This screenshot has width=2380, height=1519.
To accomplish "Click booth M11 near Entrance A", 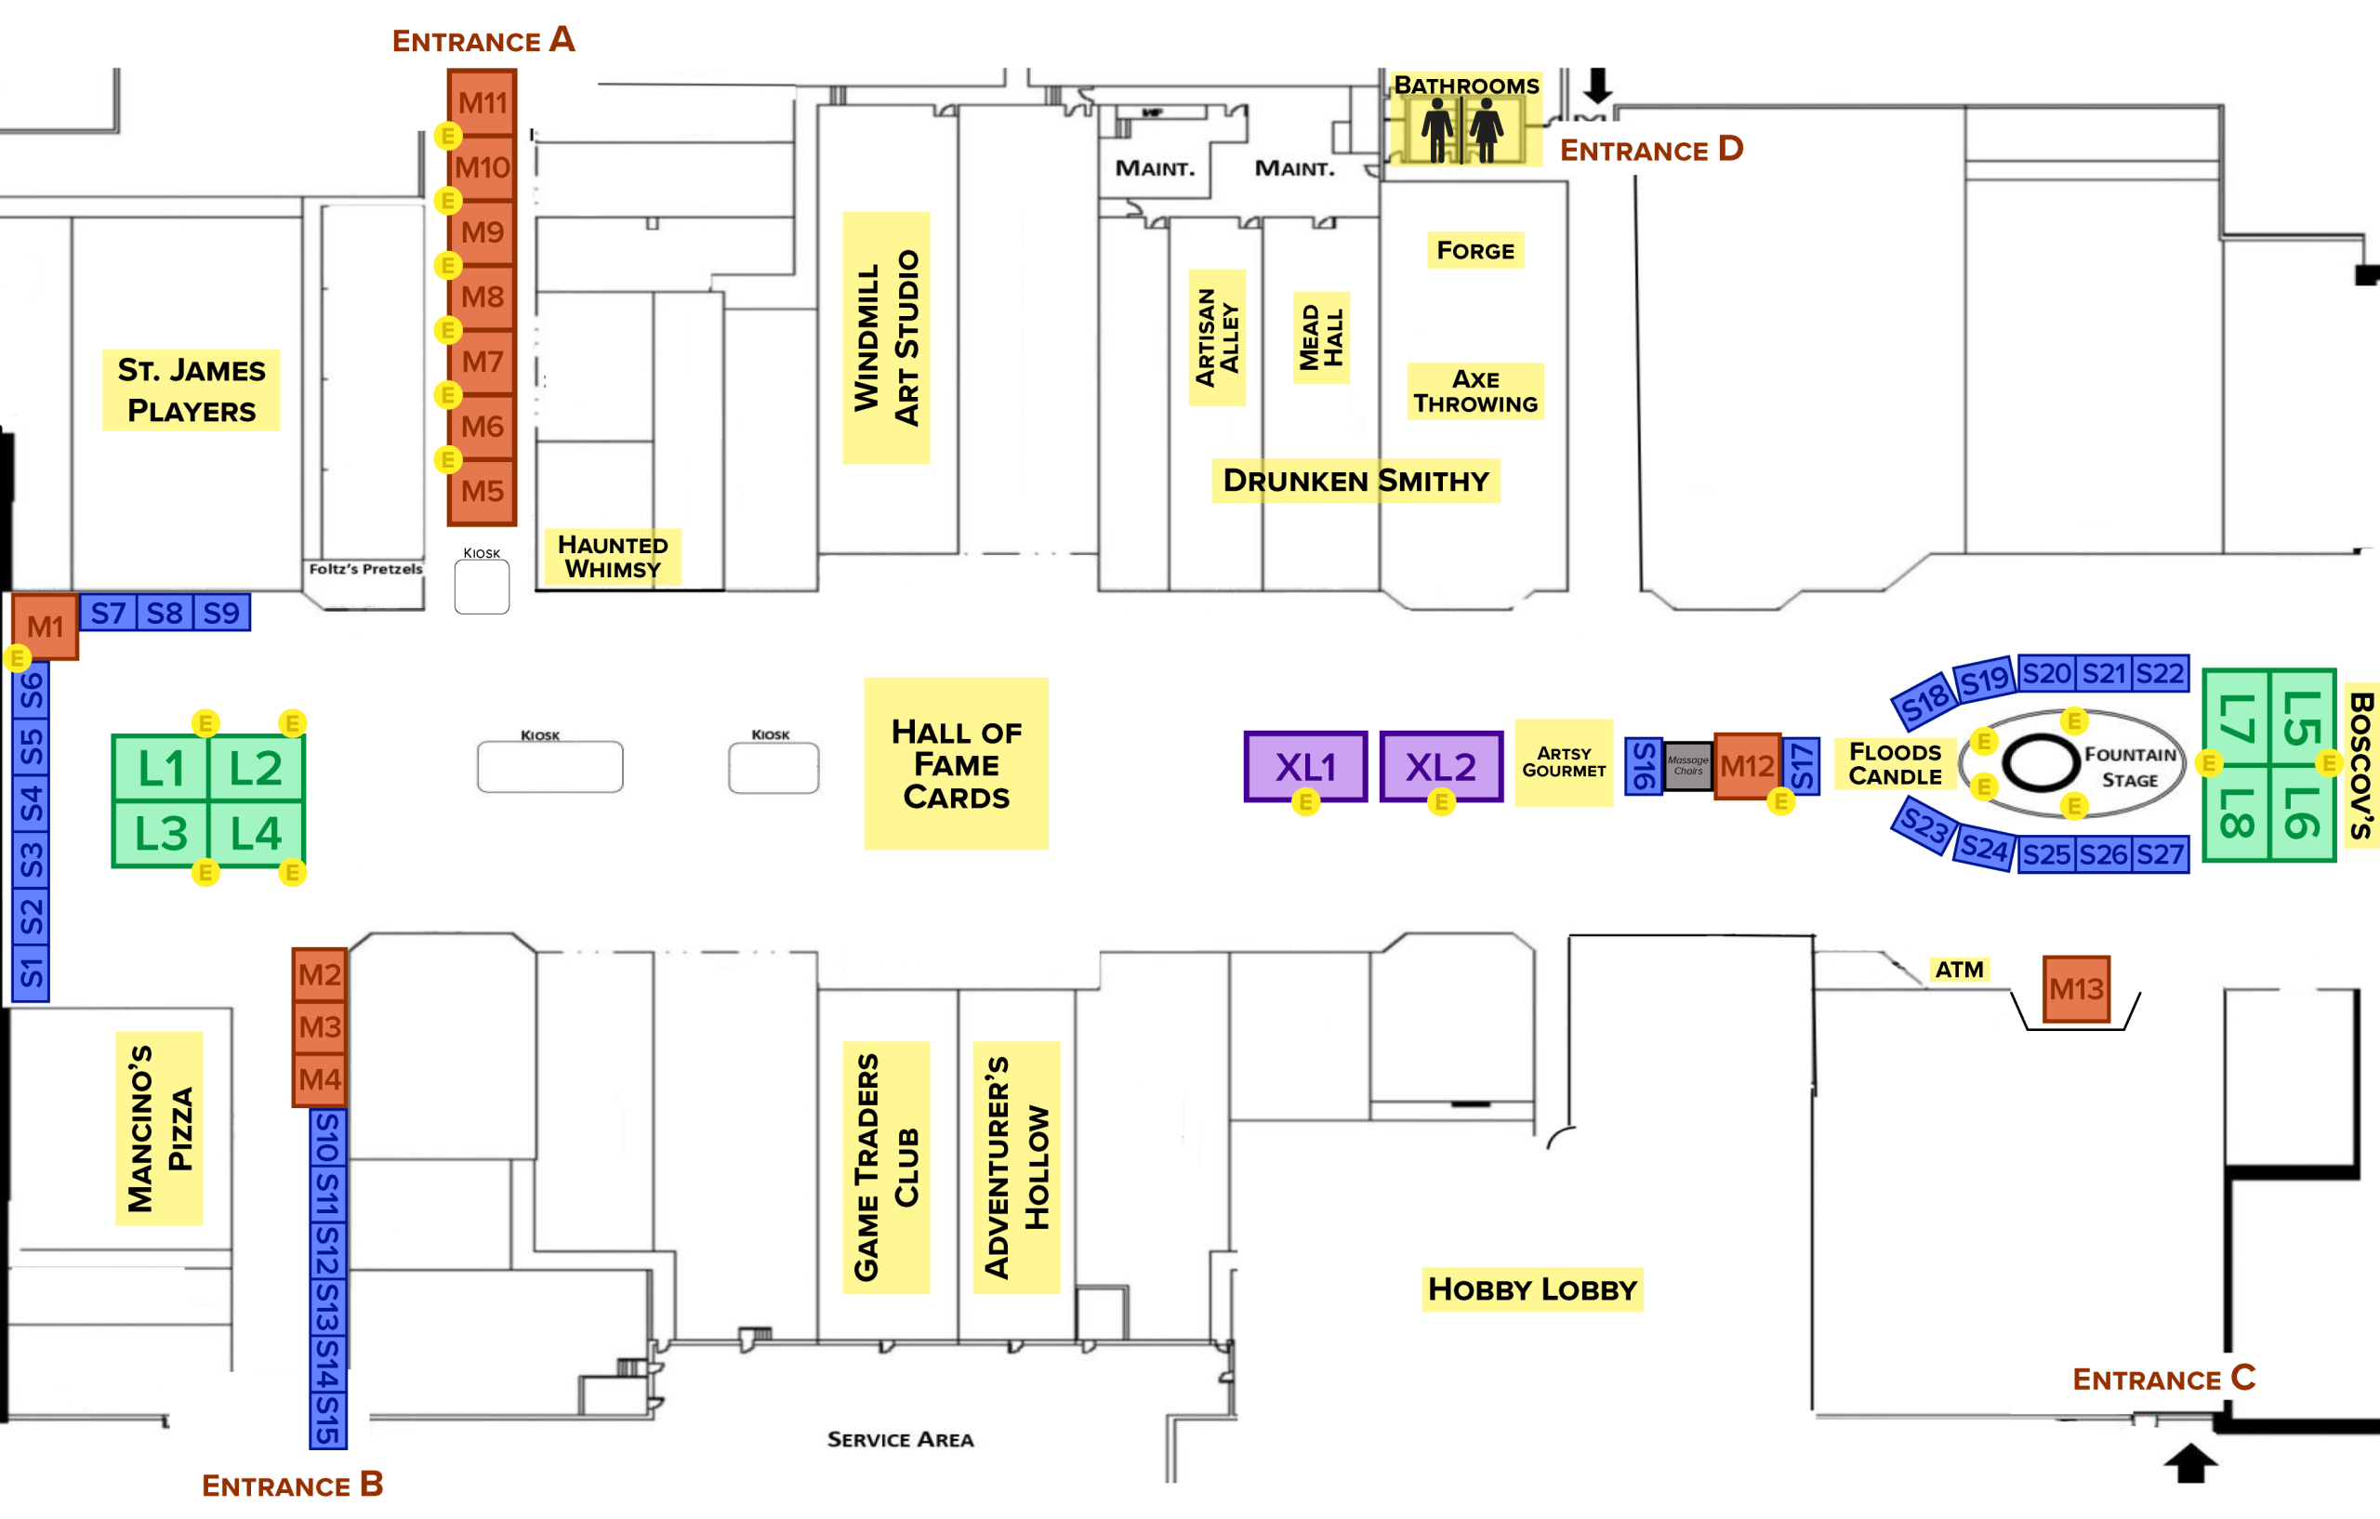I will pyautogui.click(x=483, y=103).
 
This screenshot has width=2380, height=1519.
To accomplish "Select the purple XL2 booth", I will pyautogui.click(x=1441, y=766).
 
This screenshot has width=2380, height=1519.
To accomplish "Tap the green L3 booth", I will pyautogui.click(x=161, y=833).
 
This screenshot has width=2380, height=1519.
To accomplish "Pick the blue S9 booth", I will pyautogui.click(x=221, y=614).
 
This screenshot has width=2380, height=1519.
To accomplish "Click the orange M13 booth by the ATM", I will pyautogui.click(x=2076, y=988).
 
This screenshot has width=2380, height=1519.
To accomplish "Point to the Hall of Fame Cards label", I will pyautogui.click(x=956, y=764).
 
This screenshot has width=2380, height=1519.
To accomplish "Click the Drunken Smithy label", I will pyautogui.click(x=1355, y=482).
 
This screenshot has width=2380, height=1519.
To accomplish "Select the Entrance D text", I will pyautogui.click(x=1650, y=151).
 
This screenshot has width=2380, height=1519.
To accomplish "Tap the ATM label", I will pyautogui.click(x=1959, y=970).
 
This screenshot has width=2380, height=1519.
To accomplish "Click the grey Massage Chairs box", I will pyautogui.click(x=1688, y=766).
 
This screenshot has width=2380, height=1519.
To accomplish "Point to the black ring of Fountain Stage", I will pyautogui.click(x=2041, y=763).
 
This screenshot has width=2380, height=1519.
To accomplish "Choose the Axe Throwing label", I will pyautogui.click(x=1474, y=391).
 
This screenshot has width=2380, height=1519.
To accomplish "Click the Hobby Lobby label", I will pyautogui.click(x=1532, y=1288).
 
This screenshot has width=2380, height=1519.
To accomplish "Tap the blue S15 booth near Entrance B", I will pyautogui.click(x=328, y=1420).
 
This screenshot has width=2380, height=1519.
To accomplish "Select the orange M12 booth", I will pyautogui.click(x=1747, y=766).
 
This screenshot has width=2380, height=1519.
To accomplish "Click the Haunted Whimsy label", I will pyautogui.click(x=613, y=557).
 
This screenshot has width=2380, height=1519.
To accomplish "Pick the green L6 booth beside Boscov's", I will pyautogui.click(x=2301, y=812).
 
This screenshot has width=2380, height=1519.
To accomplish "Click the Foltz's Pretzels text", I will pyautogui.click(x=365, y=569).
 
